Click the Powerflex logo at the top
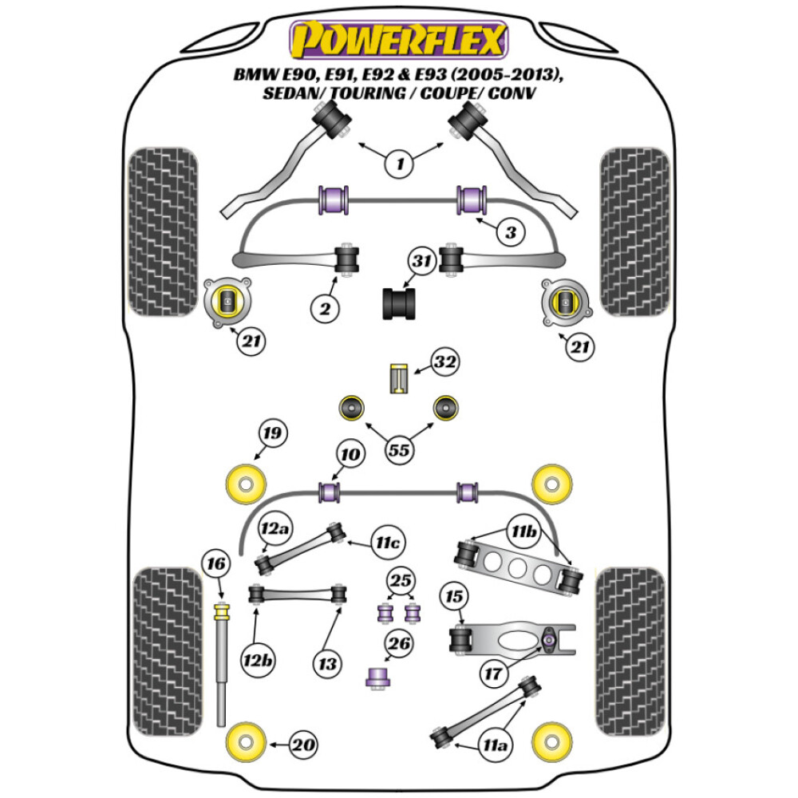(398, 40)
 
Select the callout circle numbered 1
(400, 165)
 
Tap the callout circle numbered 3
(512, 233)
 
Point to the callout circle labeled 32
(445, 363)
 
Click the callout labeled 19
(272, 435)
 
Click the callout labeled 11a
(495, 746)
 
